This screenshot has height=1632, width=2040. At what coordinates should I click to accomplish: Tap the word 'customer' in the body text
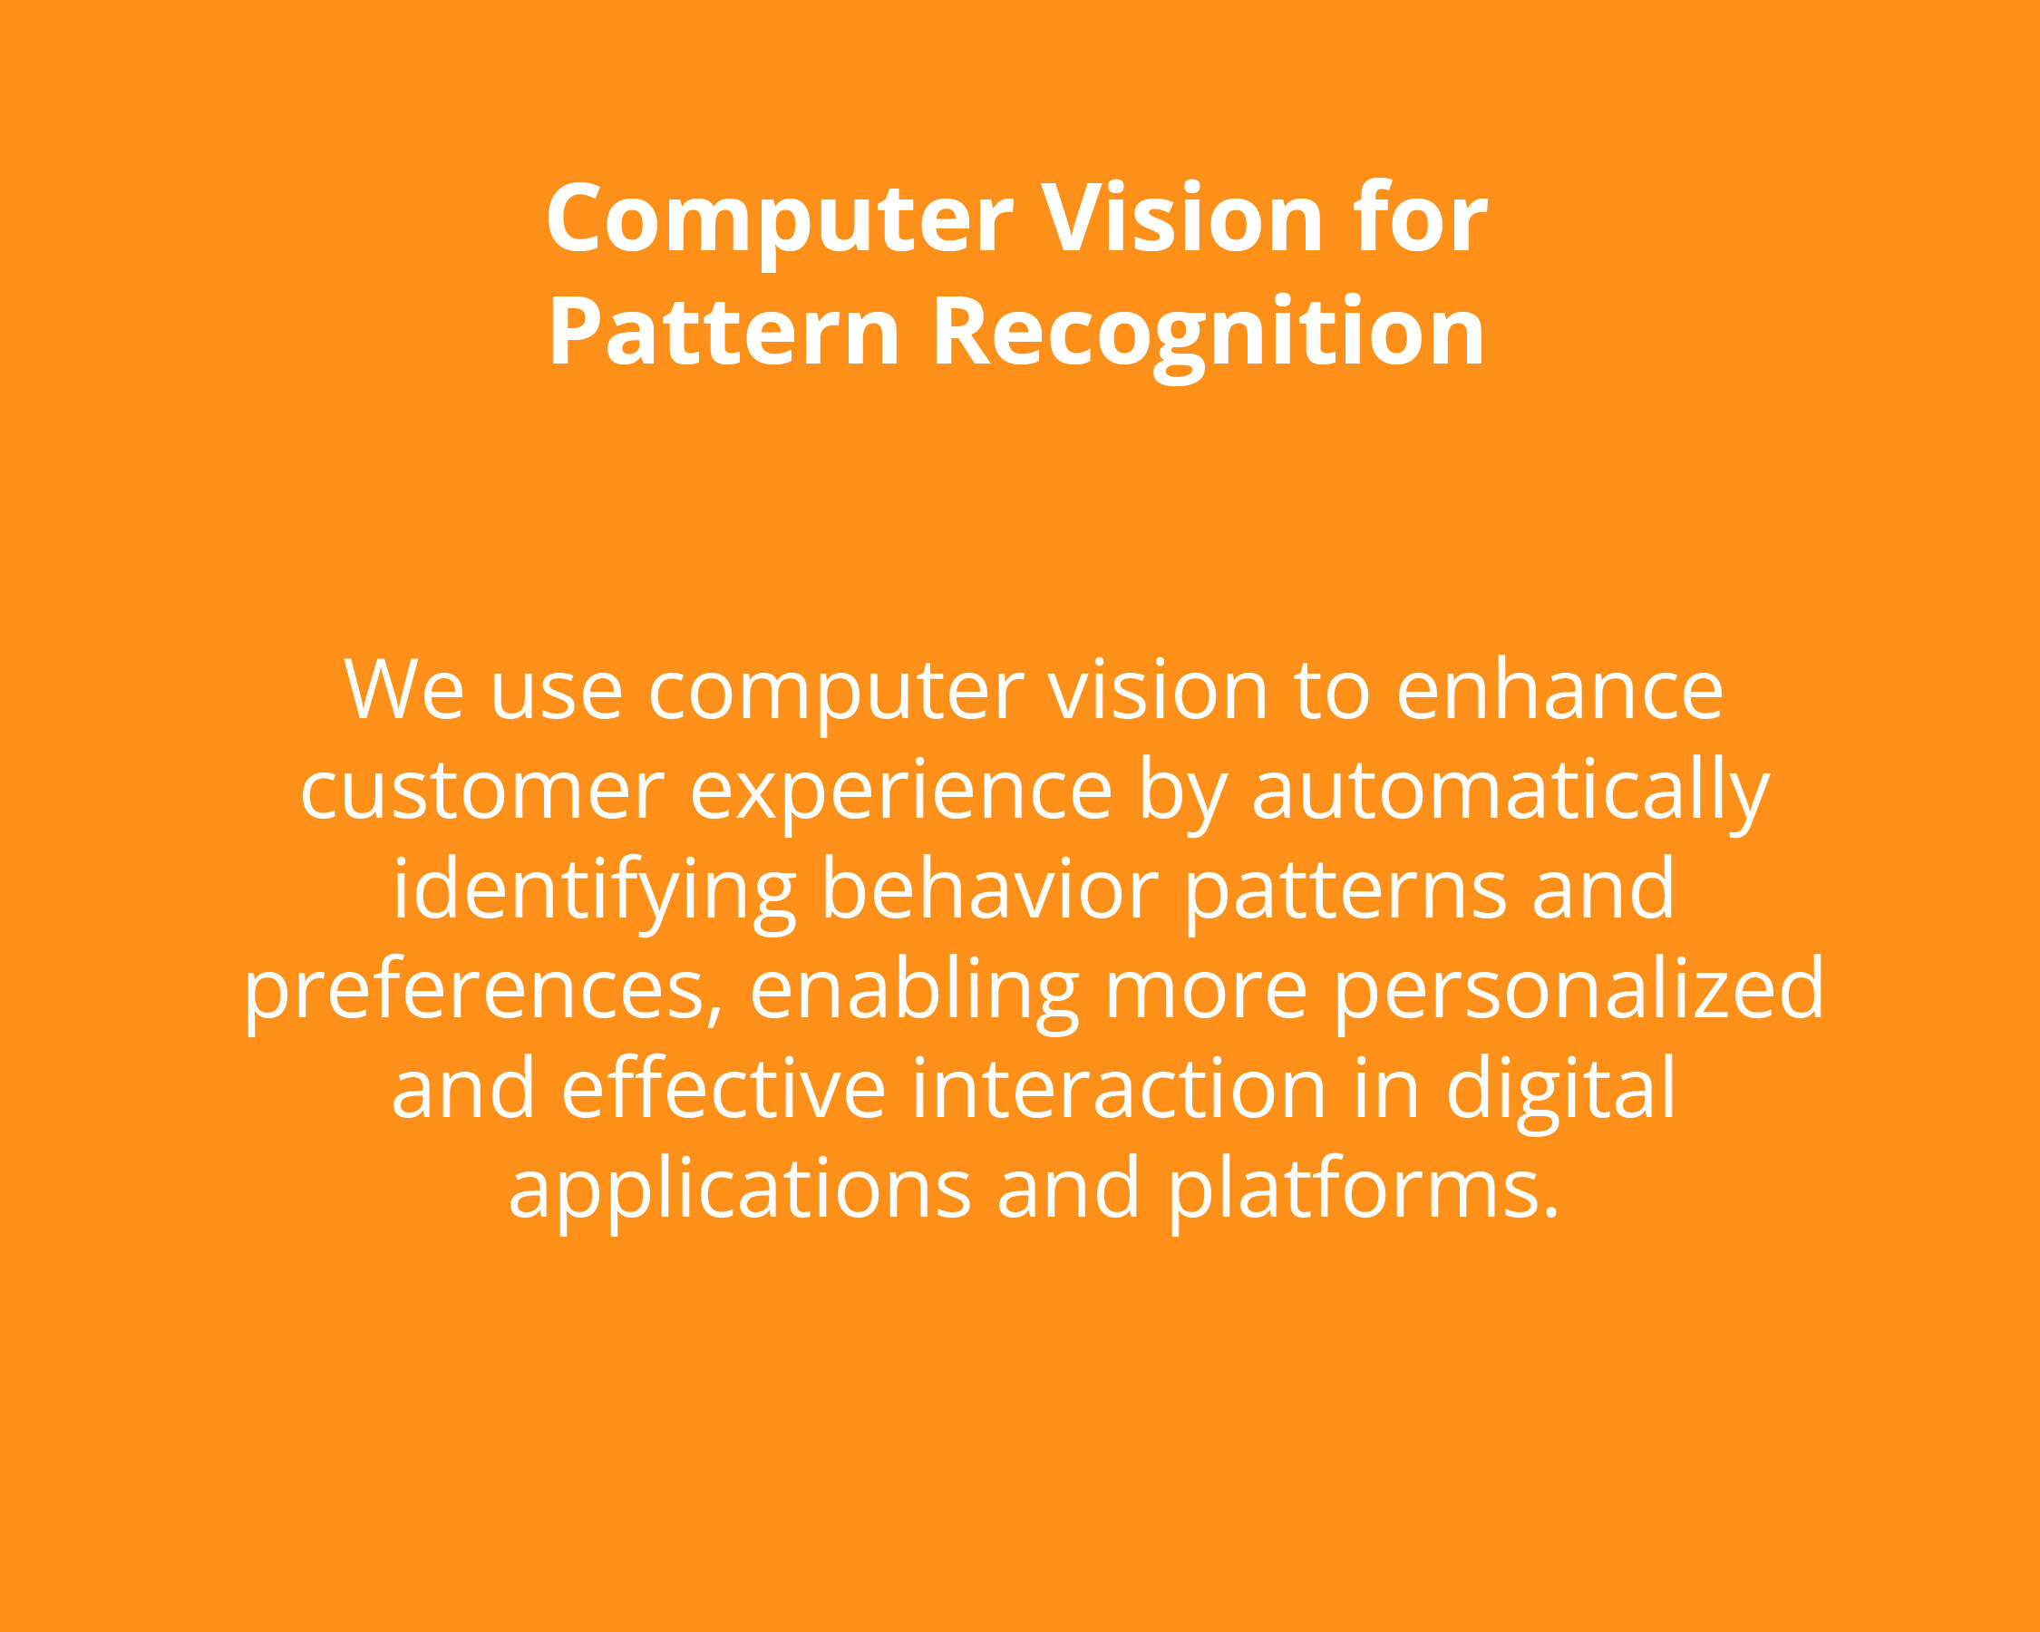tap(482, 792)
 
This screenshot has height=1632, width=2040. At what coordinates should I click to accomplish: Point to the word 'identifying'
tap(594, 892)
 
